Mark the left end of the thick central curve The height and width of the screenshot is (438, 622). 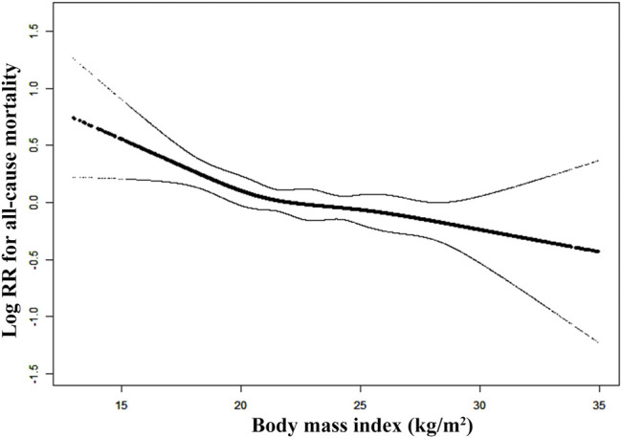coord(73,117)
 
